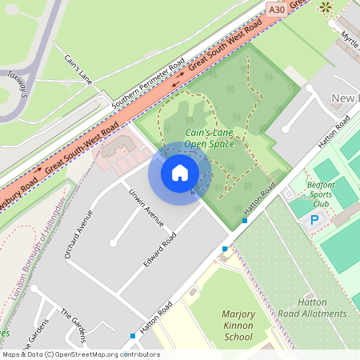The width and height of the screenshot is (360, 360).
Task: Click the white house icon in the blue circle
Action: (180, 172)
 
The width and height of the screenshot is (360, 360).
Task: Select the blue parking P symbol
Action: (314, 220)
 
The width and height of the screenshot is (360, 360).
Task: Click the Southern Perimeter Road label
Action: (148, 84)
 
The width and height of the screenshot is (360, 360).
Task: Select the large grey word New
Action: (345, 98)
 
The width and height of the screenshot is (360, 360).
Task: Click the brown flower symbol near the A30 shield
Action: (325, 7)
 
